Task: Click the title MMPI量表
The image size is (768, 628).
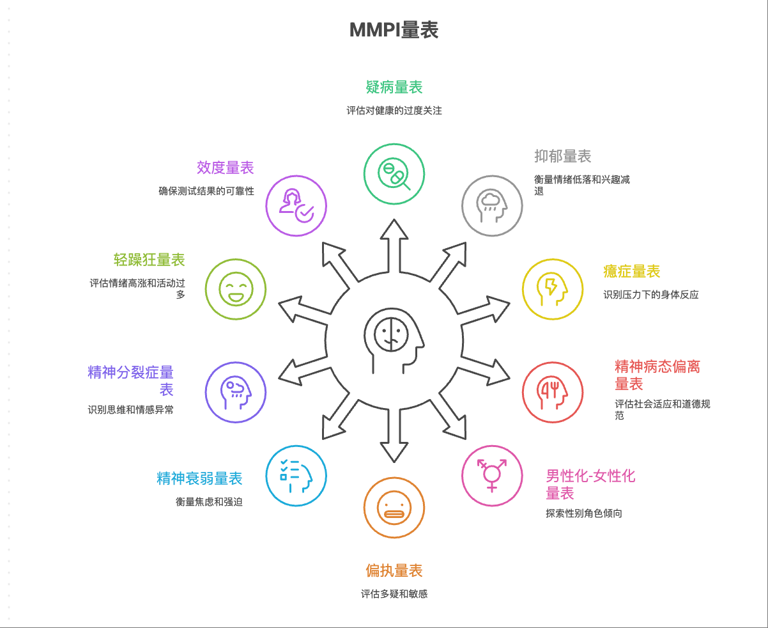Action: click(x=394, y=30)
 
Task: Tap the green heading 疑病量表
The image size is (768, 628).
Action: click(x=394, y=87)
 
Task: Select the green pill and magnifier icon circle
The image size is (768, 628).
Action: click(x=394, y=173)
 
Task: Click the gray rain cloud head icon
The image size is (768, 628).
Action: click(x=492, y=206)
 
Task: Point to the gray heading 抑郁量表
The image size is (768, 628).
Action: click(x=562, y=156)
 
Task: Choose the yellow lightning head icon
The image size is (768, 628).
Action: click(x=553, y=288)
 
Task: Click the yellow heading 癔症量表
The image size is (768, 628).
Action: click(x=631, y=272)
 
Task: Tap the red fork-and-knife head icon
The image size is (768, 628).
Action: click(x=553, y=392)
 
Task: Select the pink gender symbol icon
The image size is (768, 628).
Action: click(x=492, y=475)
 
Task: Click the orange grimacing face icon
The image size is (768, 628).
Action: click(x=394, y=508)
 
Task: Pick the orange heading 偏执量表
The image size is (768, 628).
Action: click(x=394, y=570)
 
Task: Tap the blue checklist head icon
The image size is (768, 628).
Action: click(x=296, y=475)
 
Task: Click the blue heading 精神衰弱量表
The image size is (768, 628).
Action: click(x=200, y=478)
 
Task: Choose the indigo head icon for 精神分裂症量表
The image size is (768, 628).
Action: click(x=236, y=392)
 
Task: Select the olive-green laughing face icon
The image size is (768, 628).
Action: click(x=236, y=288)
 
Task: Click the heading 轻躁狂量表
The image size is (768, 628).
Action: click(x=150, y=260)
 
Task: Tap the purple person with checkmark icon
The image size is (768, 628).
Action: click(x=296, y=206)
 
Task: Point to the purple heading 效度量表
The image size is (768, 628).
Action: click(x=226, y=168)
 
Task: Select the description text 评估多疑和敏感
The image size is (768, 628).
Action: click(x=394, y=594)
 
